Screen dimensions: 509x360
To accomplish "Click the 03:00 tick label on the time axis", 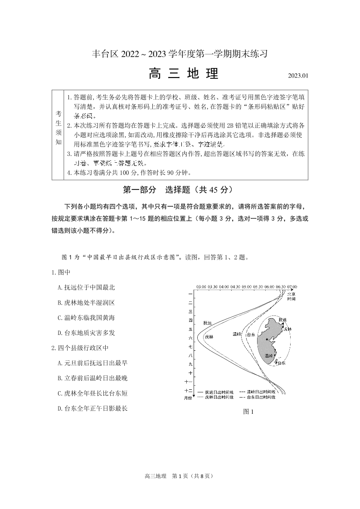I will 201,287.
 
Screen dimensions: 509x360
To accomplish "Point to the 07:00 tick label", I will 292,287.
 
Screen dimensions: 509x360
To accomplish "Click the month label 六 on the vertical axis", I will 190,338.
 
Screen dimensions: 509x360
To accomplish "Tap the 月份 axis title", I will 188,398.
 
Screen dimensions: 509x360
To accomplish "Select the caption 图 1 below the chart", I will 248,412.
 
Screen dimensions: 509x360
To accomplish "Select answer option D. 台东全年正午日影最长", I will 92,408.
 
